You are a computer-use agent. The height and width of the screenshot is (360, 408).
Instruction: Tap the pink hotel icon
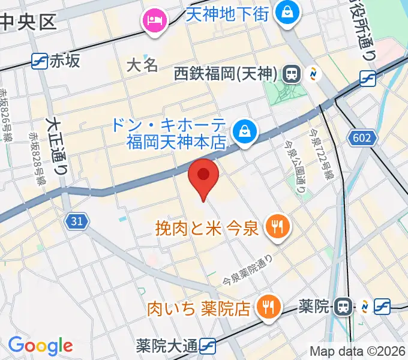point(155,20)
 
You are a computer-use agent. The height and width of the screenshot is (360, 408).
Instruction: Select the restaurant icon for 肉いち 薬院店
point(265,308)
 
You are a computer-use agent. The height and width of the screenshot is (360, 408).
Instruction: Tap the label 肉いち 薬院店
point(199,309)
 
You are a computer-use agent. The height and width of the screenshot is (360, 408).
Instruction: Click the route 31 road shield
point(76,222)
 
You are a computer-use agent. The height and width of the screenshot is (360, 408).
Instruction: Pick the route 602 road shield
point(362,139)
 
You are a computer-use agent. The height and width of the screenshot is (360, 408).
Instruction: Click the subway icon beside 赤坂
point(40,60)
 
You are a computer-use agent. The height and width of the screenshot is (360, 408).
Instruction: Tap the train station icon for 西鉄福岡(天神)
point(292,74)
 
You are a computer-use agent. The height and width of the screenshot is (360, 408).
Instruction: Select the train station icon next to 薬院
point(343,307)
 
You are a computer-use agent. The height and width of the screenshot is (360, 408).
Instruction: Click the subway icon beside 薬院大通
point(208,346)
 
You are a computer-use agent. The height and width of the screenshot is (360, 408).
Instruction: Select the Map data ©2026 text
point(358,352)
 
